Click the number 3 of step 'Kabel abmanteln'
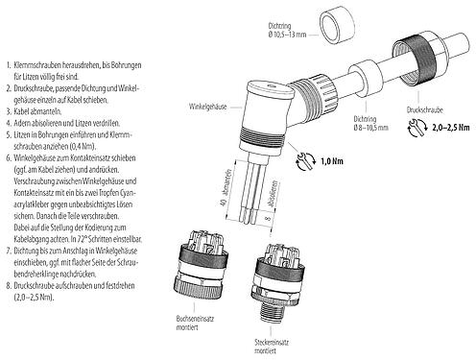coord(8,109)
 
